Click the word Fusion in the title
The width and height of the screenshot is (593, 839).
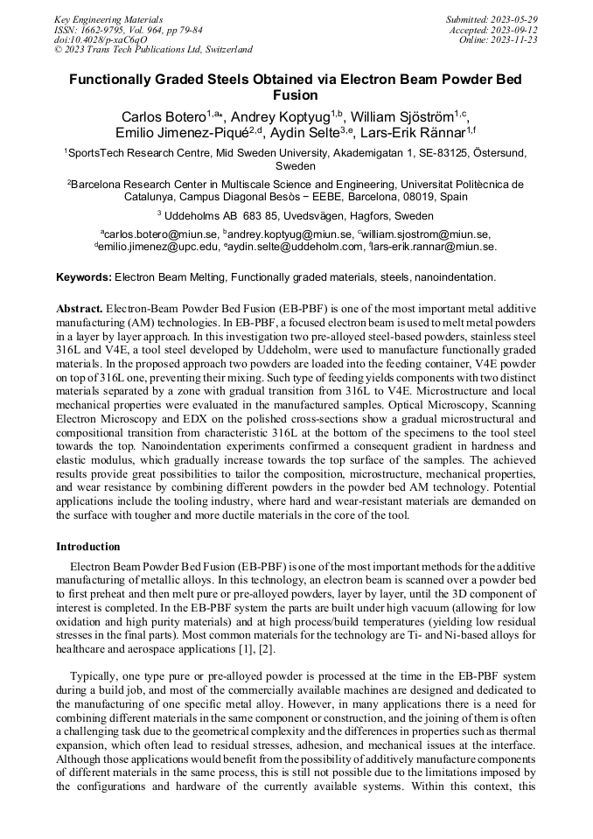pos(296,94)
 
